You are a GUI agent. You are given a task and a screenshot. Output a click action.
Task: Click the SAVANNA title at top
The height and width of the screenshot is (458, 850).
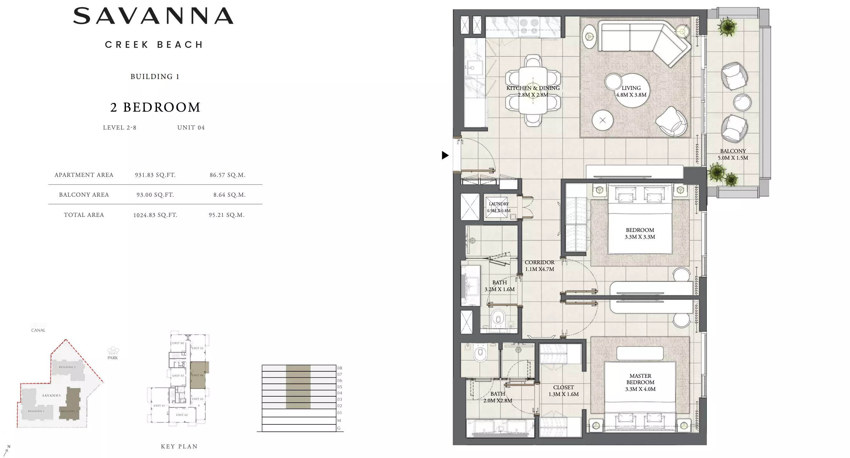(153, 16)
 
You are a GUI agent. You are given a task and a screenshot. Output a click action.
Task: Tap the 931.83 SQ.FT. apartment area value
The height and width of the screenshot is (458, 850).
(155, 175)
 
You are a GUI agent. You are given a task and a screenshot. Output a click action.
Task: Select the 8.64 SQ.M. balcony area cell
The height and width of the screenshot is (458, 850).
(229, 195)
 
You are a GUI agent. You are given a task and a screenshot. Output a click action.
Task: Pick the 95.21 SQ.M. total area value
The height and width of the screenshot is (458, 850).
(227, 215)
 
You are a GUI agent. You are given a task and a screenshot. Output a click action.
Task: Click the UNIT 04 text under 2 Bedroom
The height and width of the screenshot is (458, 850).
(191, 128)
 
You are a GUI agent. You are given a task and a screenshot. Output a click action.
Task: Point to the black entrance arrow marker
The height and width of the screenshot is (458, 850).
(445, 155)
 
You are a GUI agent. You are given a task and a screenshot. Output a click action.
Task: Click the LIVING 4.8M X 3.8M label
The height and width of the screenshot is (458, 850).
(631, 91)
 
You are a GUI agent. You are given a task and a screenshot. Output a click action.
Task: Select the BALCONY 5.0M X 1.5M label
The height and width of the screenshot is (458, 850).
(732, 154)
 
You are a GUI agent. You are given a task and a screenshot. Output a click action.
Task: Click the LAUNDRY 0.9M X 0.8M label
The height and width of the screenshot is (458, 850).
(498, 207)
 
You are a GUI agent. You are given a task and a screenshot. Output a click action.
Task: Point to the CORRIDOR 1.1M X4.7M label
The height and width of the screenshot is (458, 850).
(539, 266)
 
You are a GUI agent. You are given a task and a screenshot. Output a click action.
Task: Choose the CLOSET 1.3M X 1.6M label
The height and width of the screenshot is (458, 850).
(563, 391)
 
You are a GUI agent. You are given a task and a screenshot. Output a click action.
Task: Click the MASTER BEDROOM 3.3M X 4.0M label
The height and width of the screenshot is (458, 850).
(640, 383)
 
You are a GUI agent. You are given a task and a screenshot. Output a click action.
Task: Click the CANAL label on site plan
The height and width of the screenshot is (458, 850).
(38, 330)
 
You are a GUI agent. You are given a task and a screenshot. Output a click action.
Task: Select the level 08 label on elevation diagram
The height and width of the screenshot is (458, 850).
(340, 368)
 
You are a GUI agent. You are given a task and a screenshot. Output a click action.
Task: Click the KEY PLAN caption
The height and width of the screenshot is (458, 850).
(179, 446)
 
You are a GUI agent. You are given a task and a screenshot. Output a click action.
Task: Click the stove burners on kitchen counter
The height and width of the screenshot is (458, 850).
(529, 27)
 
